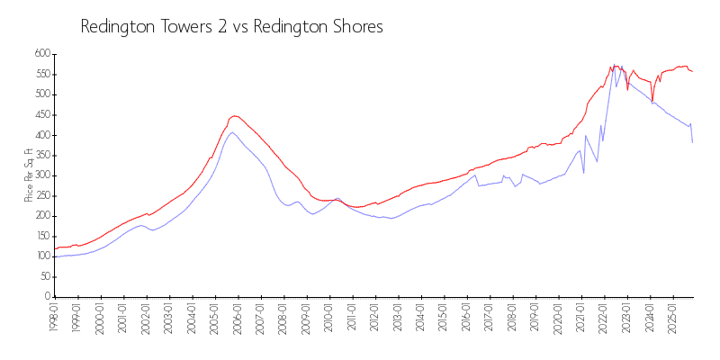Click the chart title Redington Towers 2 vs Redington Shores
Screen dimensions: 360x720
pyautogui.click(x=232, y=27)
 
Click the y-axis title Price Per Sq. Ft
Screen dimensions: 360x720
pyautogui.click(x=28, y=175)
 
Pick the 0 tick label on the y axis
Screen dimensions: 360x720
pyautogui.click(x=46, y=297)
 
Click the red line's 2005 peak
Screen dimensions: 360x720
pyautogui.click(x=234, y=115)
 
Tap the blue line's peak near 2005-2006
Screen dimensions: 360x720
pyautogui.click(x=232, y=132)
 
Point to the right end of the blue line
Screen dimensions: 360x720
pyautogui.click(x=692, y=142)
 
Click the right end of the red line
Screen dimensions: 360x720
pyautogui.click(x=692, y=71)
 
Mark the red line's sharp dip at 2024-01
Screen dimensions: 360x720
pyautogui.click(x=652, y=101)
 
